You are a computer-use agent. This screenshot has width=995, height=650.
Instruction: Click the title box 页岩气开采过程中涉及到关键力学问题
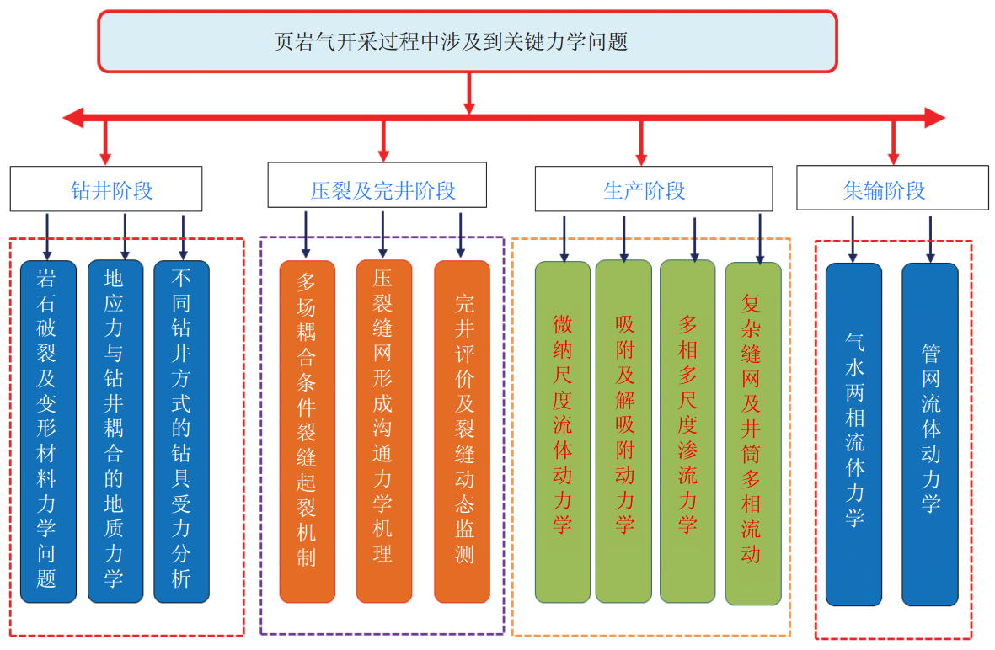point(468,41)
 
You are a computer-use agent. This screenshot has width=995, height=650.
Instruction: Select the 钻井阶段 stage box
point(106,189)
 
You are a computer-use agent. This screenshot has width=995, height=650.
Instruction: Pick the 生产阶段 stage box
point(653,189)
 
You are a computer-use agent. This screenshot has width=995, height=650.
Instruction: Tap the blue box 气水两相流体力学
point(853,434)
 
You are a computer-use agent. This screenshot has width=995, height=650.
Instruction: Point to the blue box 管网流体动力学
point(929,434)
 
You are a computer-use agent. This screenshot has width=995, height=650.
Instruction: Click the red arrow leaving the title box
point(469,93)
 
